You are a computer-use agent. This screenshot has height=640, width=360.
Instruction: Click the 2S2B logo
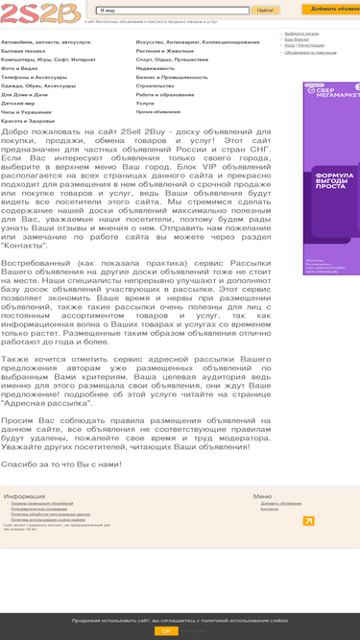(40, 12)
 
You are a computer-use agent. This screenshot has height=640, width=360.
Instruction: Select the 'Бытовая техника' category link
(22, 50)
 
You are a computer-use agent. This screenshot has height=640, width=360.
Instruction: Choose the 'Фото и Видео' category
(20, 68)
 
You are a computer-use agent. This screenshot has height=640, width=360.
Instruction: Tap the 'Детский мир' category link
(18, 103)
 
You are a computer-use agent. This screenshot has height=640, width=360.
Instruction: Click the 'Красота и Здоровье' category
(28, 121)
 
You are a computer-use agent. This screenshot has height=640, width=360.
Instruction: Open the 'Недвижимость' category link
(156, 68)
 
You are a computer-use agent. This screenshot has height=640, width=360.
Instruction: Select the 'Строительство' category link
(155, 85)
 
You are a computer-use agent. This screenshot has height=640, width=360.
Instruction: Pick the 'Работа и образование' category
(164, 94)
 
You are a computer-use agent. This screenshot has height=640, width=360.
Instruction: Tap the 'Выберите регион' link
(302, 34)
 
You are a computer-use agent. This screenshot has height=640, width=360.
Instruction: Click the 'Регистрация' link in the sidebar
(311, 45)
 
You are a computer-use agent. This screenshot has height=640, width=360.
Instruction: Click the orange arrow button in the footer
(308, 521)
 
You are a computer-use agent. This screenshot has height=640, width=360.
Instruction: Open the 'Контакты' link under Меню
(270, 509)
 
